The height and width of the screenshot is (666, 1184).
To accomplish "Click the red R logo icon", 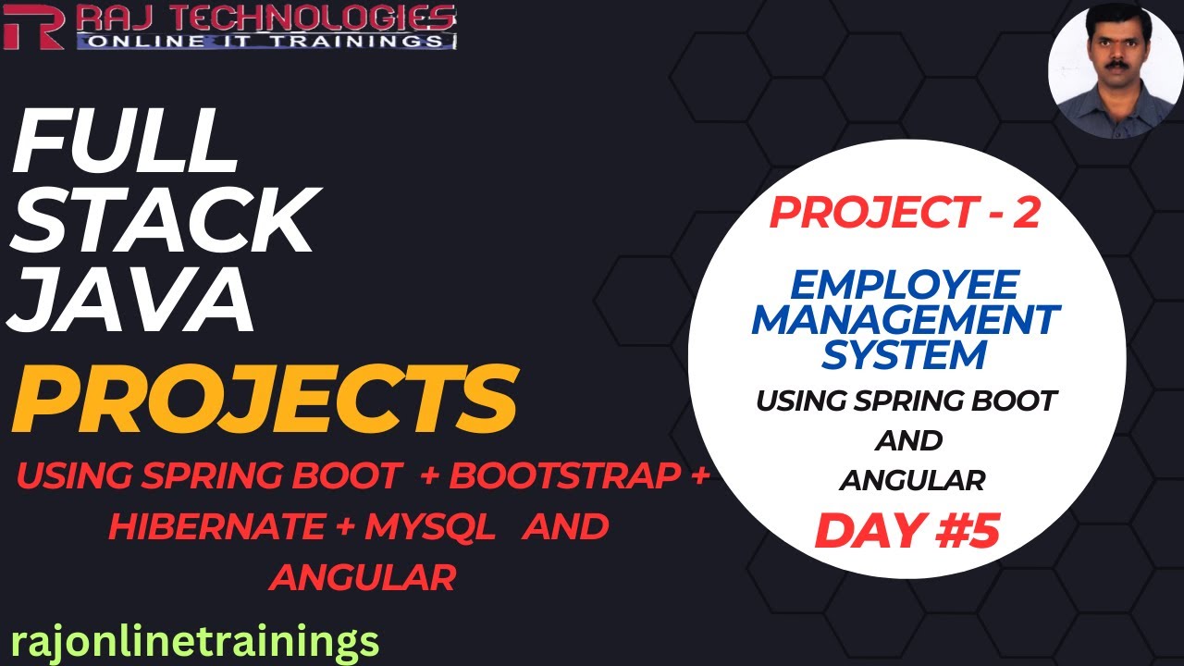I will [33, 25].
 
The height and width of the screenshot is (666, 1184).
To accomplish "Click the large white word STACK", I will [164, 223].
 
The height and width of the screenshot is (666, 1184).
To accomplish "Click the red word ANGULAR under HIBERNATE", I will [363, 577].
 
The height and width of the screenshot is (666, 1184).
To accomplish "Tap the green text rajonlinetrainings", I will [195, 640].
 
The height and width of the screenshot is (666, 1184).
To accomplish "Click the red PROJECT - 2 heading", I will [906, 214].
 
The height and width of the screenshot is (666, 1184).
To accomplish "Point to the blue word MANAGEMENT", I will [906, 320].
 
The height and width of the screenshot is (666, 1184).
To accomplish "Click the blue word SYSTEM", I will [906, 353].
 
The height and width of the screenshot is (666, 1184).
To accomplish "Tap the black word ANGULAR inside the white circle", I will [911, 480].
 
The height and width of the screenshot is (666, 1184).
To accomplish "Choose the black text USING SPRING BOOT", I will [906, 401].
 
